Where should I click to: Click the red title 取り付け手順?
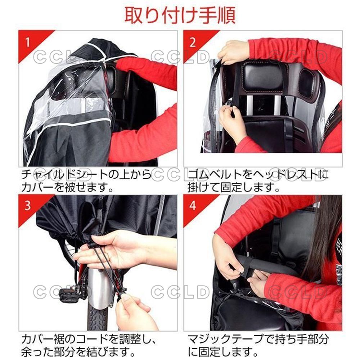point(180,15)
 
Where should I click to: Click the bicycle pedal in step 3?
point(69,294)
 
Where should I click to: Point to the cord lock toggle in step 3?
point(92,245)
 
